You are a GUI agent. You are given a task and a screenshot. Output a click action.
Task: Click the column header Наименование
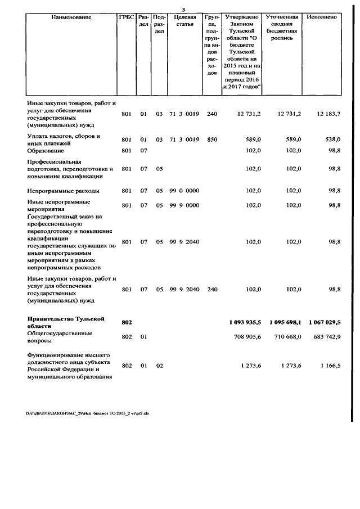click(x=71, y=17)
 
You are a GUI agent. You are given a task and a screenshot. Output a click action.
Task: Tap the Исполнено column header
click(x=322, y=17)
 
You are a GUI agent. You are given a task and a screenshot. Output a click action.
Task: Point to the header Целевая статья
click(x=184, y=21)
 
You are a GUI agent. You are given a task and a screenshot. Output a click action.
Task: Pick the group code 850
click(x=211, y=139)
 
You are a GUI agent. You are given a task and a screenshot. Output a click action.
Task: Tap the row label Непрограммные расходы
click(x=64, y=191)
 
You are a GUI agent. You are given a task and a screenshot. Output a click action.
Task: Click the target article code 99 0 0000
click(x=184, y=191)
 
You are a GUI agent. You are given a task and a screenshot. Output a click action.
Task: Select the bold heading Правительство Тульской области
click(x=66, y=322)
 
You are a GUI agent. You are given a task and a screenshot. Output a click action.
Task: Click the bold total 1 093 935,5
click(x=245, y=322)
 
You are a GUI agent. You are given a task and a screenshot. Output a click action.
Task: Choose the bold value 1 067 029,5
click(x=325, y=322)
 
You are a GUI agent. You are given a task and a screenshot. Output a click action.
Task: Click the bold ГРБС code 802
click(x=127, y=322)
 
